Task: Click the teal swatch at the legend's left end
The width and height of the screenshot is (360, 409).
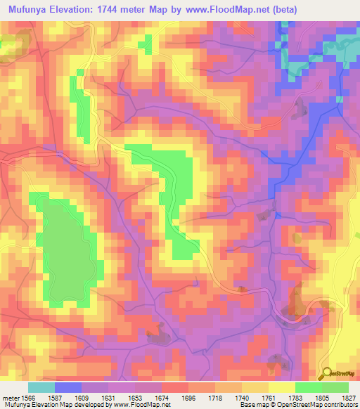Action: click(41, 387)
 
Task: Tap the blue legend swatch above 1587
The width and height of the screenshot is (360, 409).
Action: click(68, 387)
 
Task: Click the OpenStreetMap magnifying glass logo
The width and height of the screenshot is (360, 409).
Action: click(326, 373)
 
